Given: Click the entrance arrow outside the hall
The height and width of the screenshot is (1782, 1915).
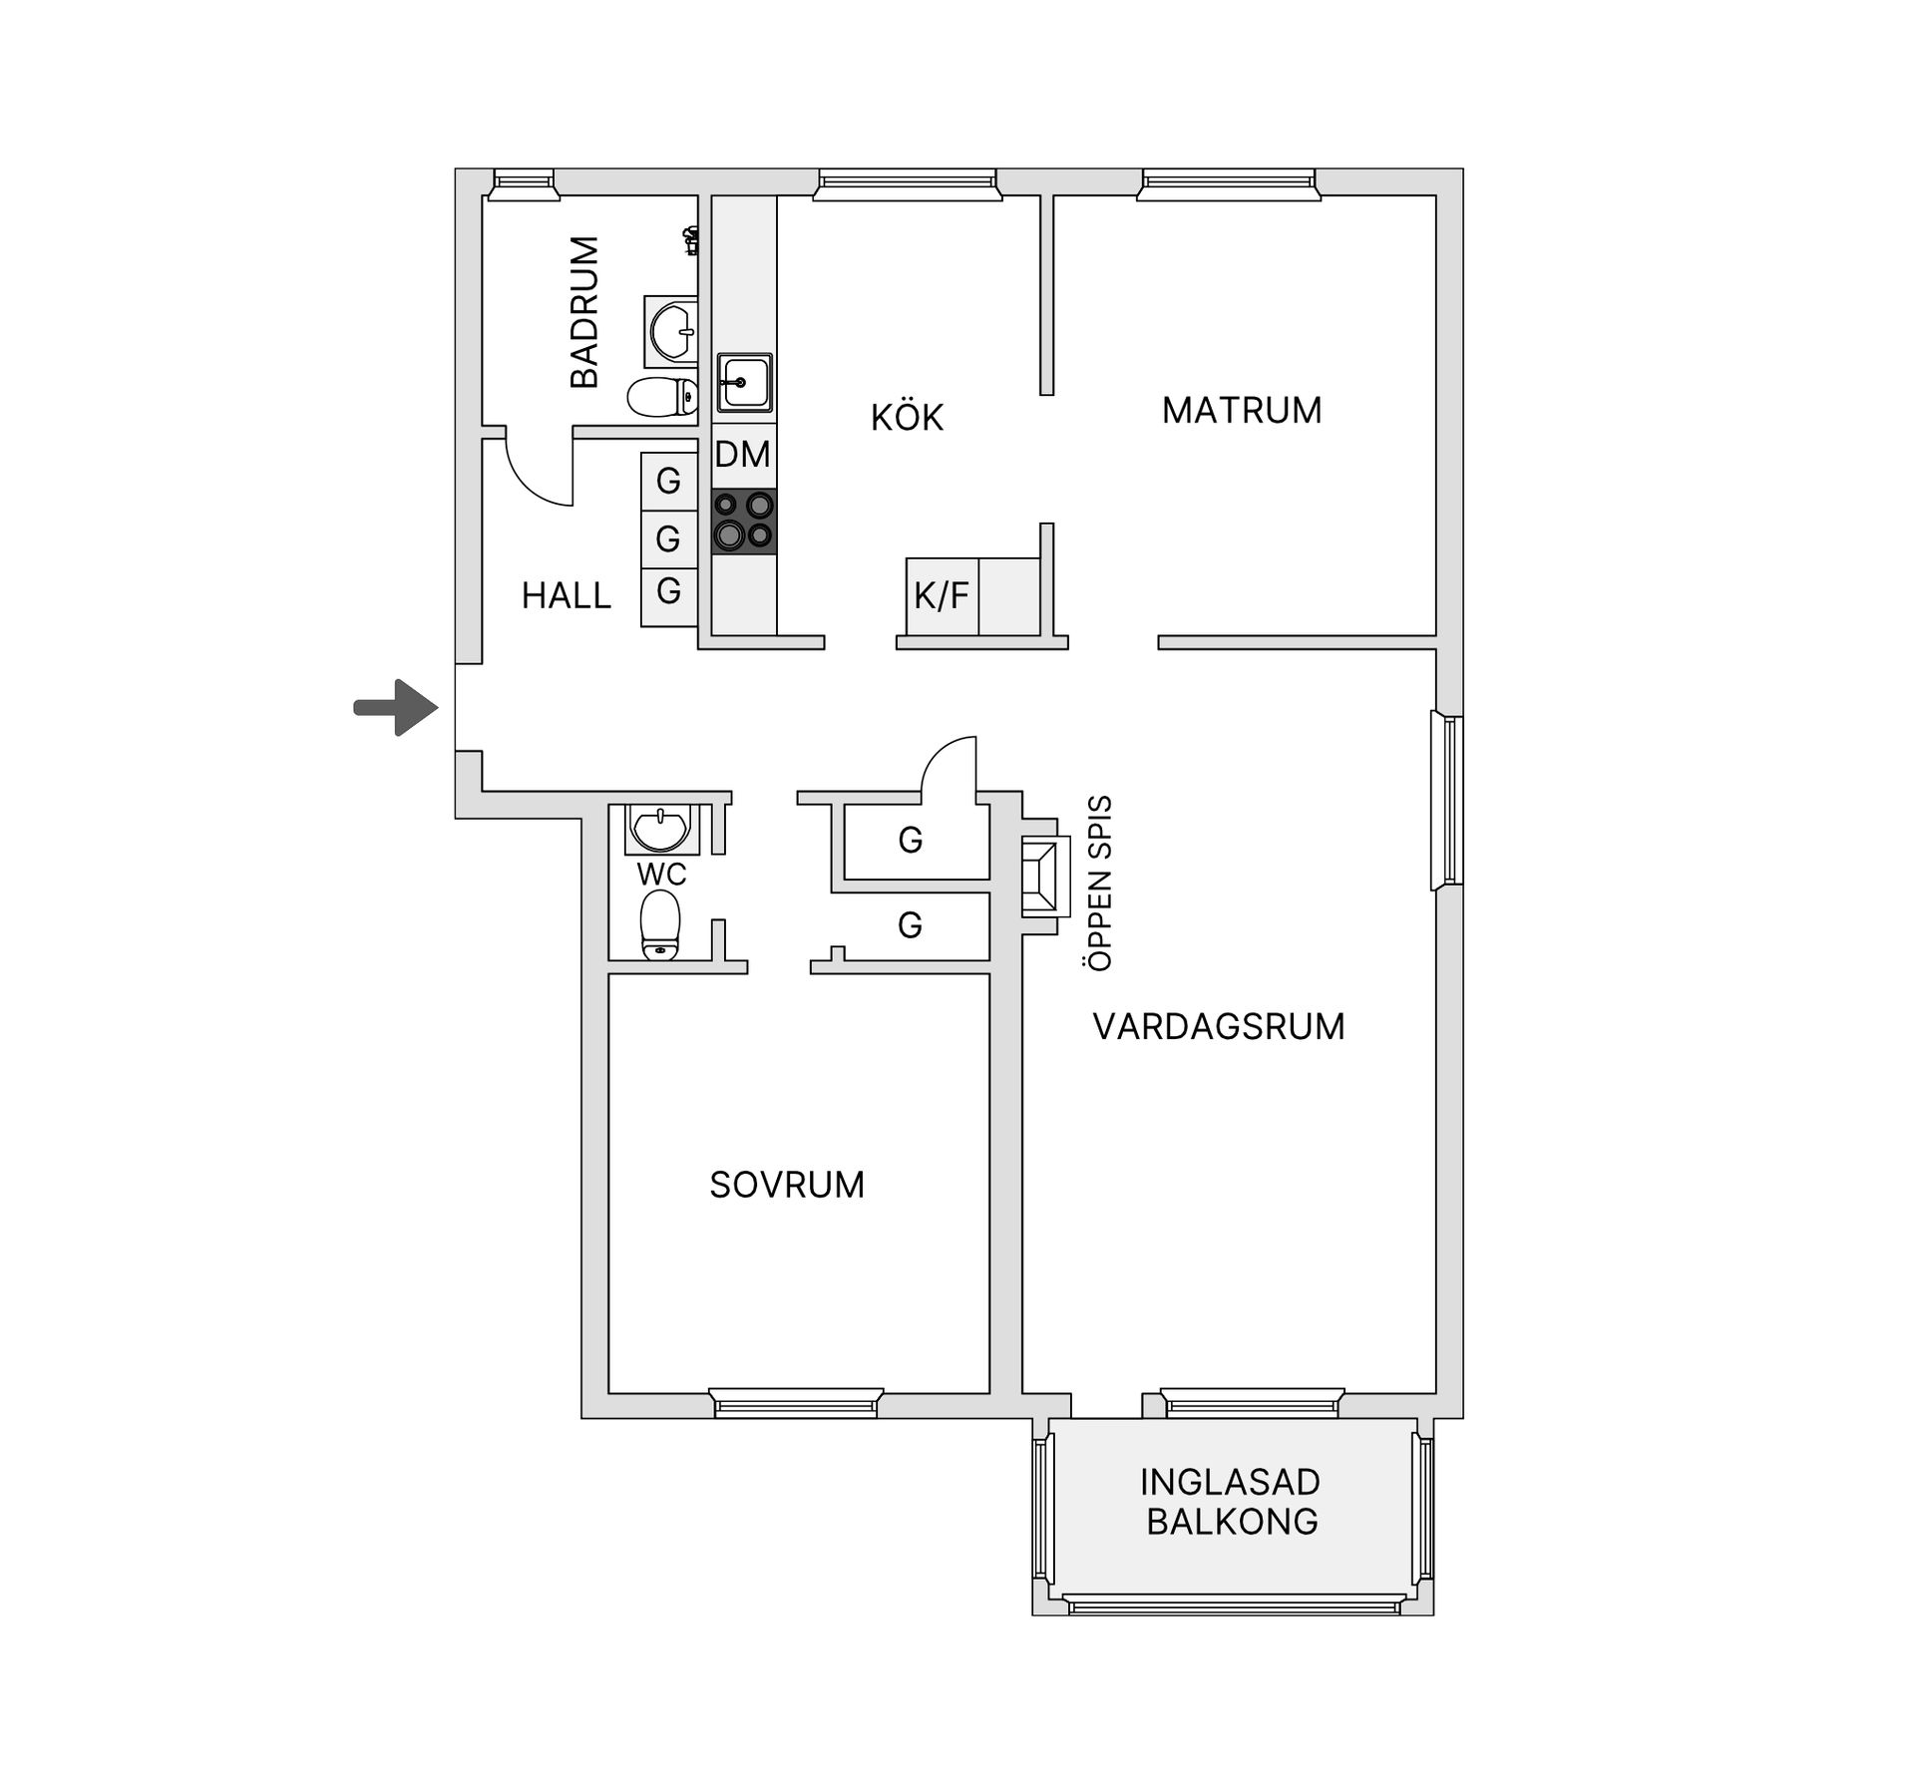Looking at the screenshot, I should [x=397, y=708].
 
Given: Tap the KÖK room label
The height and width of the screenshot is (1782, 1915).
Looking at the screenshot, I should [x=907, y=417].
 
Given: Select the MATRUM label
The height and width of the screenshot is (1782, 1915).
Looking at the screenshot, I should [x=1242, y=410].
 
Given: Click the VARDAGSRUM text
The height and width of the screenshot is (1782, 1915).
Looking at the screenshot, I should [x=1219, y=1026].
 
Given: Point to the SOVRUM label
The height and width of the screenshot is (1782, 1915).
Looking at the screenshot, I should [x=787, y=1185].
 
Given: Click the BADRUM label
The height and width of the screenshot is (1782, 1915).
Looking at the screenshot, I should [x=584, y=312].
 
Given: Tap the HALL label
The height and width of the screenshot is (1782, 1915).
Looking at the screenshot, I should [x=566, y=595].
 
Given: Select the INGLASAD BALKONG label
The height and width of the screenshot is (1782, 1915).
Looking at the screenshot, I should [x=1232, y=1502].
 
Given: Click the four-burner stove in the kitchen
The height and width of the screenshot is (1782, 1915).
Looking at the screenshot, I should [x=744, y=521].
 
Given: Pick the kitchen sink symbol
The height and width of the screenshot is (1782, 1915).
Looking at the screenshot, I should [x=744, y=382].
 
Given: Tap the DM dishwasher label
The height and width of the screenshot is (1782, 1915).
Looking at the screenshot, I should [x=743, y=455].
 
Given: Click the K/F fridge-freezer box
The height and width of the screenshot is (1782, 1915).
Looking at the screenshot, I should [x=943, y=595].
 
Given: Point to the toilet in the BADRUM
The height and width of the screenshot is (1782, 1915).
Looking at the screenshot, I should [x=662, y=397].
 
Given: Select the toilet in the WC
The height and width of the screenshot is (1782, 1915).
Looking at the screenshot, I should [x=659, y=924].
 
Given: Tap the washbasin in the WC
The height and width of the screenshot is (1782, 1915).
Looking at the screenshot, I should [x=660, y=830].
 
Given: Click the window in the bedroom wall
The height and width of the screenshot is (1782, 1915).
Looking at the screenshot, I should [x=796, y=1404].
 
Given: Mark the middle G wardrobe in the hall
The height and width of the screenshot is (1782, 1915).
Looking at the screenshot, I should [x=668, y=539].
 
